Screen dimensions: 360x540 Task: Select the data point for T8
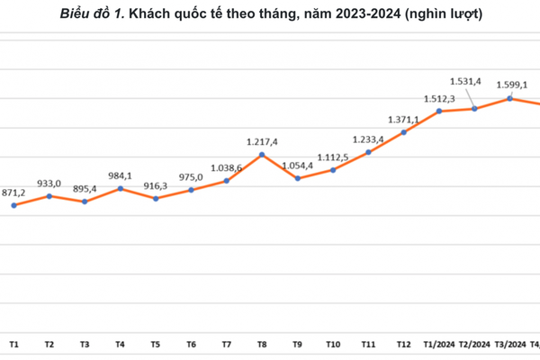click(262, 155)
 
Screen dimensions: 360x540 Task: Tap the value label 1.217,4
click(262, 142)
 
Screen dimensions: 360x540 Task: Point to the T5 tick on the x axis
click(156, 345)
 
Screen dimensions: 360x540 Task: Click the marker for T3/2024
click(510, 98)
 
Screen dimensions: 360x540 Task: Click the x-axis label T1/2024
click(439, 345)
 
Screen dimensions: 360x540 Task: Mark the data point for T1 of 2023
click(13, 205)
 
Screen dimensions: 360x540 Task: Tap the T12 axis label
click(404, 345)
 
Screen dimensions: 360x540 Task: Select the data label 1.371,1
click(402, 119)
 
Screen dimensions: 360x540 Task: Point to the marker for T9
click(298, 178)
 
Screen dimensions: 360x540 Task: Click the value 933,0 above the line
click(49, 183)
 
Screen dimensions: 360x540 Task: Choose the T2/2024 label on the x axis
click(475, 345)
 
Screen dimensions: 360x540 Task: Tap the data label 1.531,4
click(466, 81)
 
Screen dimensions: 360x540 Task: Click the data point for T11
click(368, 152)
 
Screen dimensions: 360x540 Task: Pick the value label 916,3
click(155, 185)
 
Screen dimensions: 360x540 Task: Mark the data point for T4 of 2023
click(121, 189)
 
